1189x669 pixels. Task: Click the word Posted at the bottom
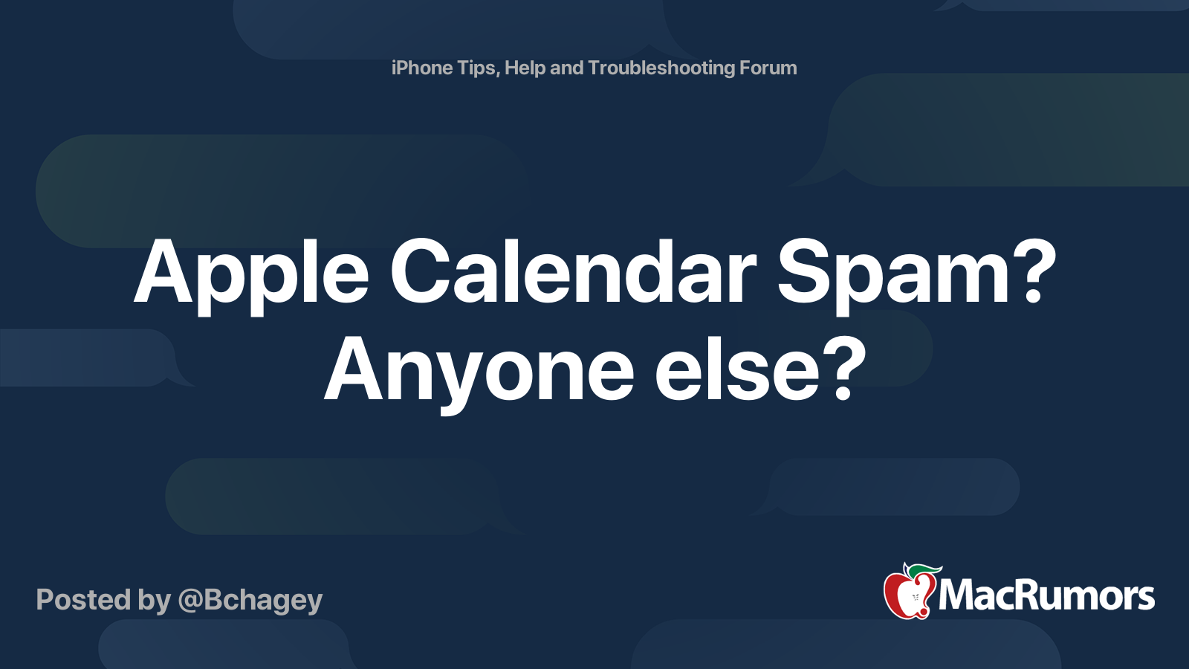pyautogui.click(x=84, y=599)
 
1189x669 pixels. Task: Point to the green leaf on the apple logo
pyautogui.click(x=924, y=571)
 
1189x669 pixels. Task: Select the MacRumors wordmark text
pyautogui.click(x=1046, y=596)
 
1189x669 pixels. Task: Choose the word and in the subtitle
pyautogui.click(x=567, y=68)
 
